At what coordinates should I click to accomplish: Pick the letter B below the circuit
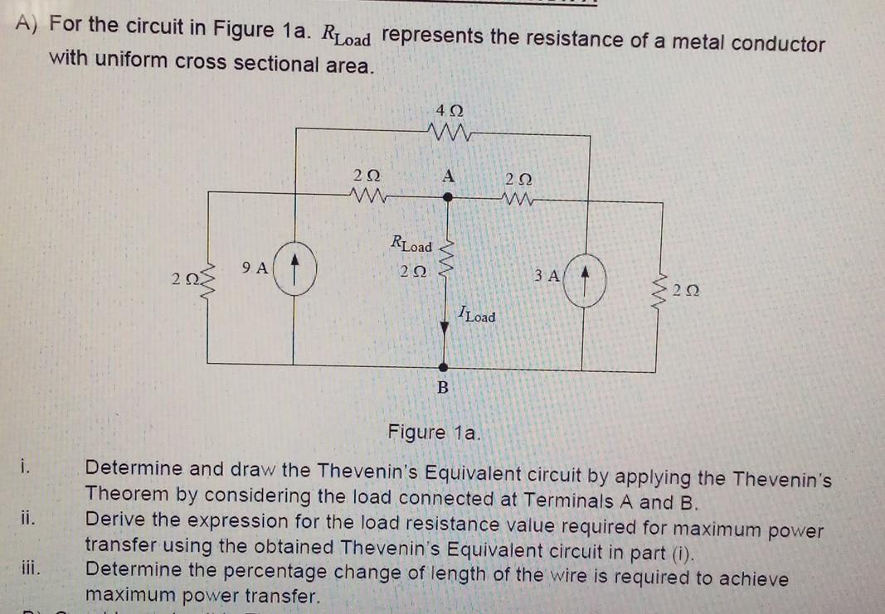pos(443,387)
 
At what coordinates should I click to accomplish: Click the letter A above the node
pos(449,176)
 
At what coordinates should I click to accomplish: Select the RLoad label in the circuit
pos(411,244)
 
